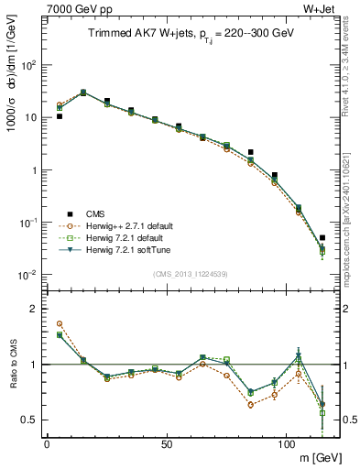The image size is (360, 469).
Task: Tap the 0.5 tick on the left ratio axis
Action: point(27,420)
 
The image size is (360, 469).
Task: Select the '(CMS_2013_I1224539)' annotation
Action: point(190,273)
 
